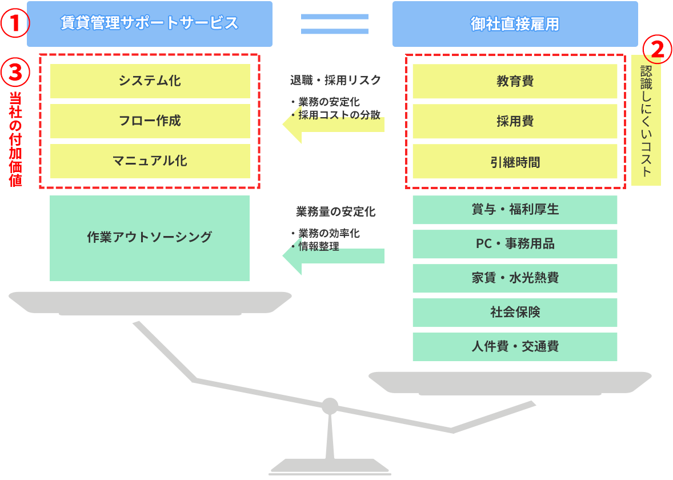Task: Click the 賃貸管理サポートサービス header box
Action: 149,23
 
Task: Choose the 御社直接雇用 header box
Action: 515,24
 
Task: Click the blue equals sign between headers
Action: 335,24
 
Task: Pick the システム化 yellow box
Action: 150,81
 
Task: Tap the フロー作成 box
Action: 150,121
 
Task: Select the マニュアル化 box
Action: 150,161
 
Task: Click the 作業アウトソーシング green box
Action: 150,238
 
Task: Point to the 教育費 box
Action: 515,81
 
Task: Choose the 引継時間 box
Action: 515,161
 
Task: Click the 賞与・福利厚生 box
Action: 515,210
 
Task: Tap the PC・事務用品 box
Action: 515,244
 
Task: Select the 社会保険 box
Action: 515,313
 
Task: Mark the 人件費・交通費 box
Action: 515,347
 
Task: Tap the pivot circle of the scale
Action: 330,406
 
